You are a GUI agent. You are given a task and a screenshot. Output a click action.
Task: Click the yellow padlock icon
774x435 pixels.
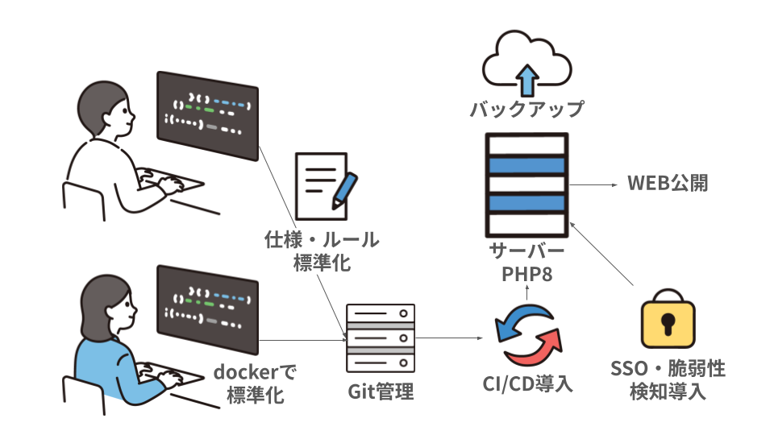667,325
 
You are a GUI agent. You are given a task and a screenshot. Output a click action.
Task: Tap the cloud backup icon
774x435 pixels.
526,60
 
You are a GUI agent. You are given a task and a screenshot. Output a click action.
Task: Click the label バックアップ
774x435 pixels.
526,110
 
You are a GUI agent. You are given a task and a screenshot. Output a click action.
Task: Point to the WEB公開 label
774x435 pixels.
668,184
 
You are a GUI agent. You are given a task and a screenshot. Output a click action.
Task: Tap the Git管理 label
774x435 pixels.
380,392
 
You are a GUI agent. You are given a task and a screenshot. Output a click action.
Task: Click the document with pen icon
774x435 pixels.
323,184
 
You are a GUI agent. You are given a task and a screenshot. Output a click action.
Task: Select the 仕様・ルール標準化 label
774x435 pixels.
322,251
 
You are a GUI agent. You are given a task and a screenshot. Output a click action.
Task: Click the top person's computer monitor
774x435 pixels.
207,113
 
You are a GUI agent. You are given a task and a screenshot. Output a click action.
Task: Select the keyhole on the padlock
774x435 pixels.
667,324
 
